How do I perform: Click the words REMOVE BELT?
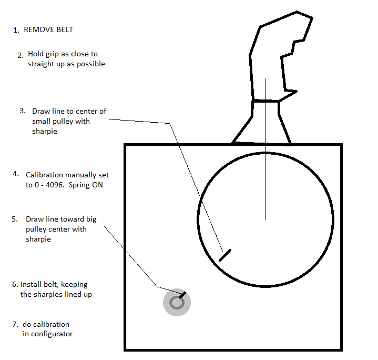48,29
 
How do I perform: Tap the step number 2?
21,55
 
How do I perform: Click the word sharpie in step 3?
45,131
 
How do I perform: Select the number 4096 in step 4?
55,185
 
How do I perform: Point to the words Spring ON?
86,185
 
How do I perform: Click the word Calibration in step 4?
45,175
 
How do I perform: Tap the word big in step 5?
91,219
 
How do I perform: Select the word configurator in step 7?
52,334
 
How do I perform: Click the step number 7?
15,324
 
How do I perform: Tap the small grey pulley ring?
177,303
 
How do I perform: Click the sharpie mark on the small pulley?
182,295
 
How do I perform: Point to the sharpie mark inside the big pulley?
225,255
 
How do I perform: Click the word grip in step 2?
52,54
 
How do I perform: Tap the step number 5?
15,219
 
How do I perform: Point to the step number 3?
23,111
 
